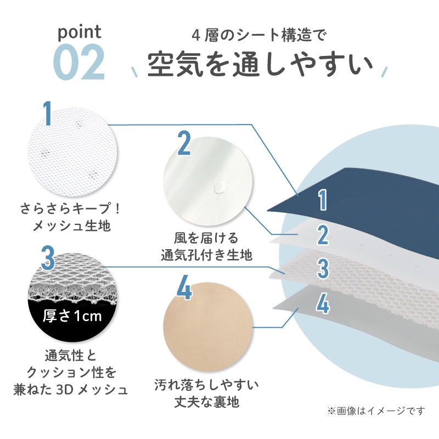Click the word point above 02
coord(79,33)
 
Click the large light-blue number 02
coord(78,62)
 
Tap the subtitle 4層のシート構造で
coord(259,36)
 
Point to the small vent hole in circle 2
coord(219,188)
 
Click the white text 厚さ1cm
coord(72,316)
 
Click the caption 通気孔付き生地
coord(207,255)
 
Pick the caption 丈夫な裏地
coord(207,402)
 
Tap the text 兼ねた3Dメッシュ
coord(71,390)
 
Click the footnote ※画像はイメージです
coord(376,410)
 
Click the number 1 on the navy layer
coord(323,200)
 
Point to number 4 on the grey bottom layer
coord(323,304)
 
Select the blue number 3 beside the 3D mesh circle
coord(48,257)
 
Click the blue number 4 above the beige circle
coord(184,287)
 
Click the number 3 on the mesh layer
coord(323,268)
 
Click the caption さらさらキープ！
coord(71,209)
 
